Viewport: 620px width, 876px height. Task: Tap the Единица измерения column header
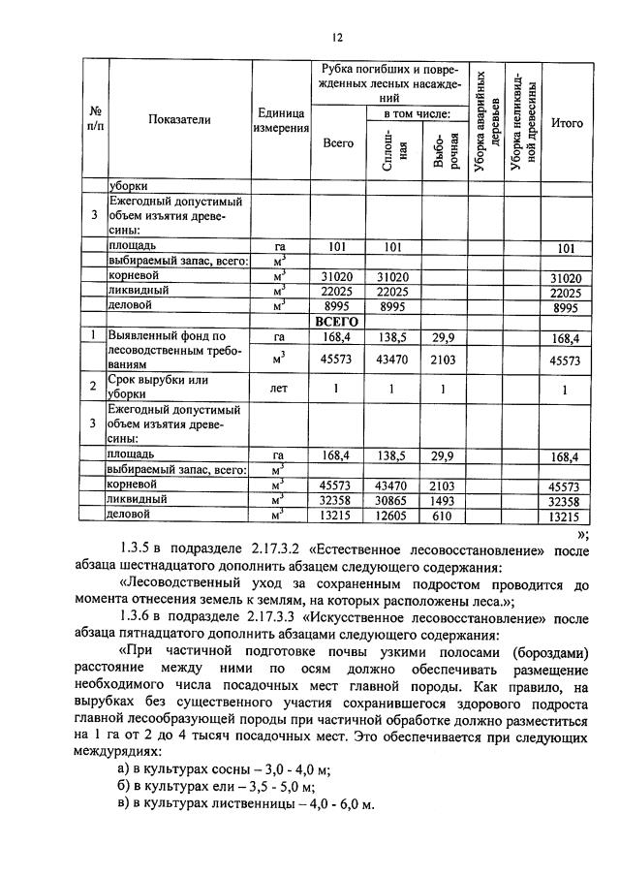click(x=281, y=121)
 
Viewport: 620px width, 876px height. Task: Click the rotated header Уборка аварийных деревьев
click(x=487, y=121)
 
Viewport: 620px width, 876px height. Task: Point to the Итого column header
click(x=566, y=123)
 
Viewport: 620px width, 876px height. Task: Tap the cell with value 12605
click(x=392, y=516)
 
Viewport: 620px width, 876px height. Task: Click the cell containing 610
click(x=442, y=516)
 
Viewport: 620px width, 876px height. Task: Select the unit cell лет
click(x=281, y=389)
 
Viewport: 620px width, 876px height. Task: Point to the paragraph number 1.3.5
click(x=132, y=552)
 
